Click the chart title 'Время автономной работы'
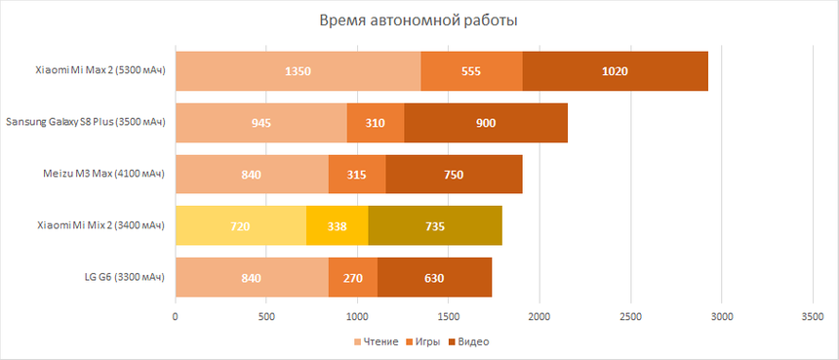(419, 20)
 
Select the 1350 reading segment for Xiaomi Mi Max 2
(298, 70)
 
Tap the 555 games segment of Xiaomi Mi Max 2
(471, 70)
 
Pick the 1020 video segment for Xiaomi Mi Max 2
(615, 70)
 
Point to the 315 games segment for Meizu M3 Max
(357, 175)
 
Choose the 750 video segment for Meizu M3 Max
(454, 175)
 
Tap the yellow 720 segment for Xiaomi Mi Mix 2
(240, 226)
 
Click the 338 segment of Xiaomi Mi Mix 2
(337, 226)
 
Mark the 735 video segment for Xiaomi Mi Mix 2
(435, 226)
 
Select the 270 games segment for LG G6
(353, 278)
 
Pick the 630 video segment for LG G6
(434, 278)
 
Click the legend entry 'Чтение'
(375, 342)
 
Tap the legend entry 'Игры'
(423, 342)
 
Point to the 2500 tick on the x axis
(630, 317)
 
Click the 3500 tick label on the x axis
(813, 317)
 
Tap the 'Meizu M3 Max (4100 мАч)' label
(100, 175)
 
